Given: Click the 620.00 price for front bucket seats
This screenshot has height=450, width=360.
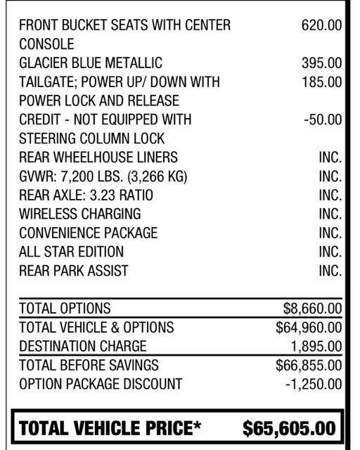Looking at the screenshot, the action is [321, 25].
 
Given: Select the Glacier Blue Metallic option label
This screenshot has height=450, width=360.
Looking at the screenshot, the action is [91, 63].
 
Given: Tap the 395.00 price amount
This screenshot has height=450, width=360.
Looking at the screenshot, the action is [321, 63].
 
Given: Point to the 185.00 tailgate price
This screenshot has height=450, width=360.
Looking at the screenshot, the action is [321, 82].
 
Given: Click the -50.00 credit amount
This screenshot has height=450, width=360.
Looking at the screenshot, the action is [323, 120].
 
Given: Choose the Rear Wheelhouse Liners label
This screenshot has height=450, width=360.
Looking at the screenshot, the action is [98, 157].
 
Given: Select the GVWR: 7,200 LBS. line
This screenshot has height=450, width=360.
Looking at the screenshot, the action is [103, 176].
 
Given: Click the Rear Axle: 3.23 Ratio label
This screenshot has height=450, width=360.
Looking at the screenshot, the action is [86, 195].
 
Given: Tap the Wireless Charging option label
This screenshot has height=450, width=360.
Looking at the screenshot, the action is [80, 214].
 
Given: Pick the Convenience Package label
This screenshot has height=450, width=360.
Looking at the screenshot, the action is [89, 233].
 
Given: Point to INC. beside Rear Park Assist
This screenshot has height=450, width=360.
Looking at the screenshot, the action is [330, 271].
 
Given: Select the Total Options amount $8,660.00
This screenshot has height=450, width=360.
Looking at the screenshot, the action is [312, 308].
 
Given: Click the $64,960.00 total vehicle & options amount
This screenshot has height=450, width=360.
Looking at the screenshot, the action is [309, 327].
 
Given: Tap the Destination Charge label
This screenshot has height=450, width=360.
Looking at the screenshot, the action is [83, 346].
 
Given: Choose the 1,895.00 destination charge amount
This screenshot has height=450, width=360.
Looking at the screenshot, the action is [316, 346].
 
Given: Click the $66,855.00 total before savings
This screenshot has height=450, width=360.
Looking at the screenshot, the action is [309, 365].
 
